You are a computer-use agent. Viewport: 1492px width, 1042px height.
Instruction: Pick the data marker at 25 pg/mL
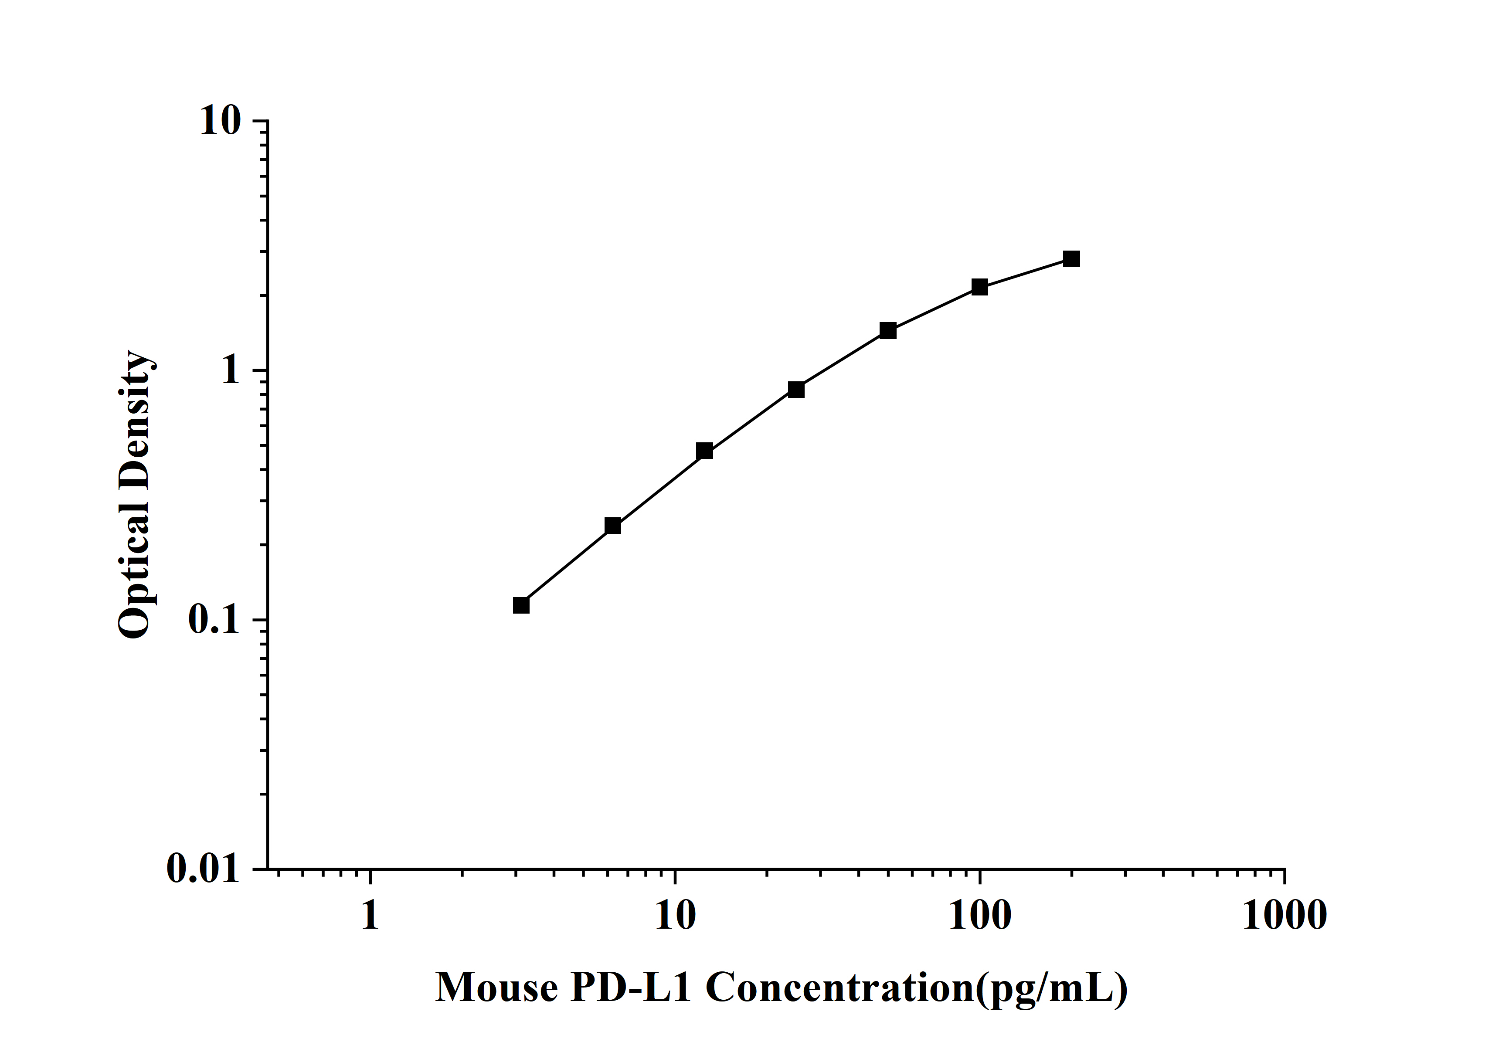(x=796, y=389)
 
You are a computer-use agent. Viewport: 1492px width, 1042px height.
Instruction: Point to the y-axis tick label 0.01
(x=203, y=869)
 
